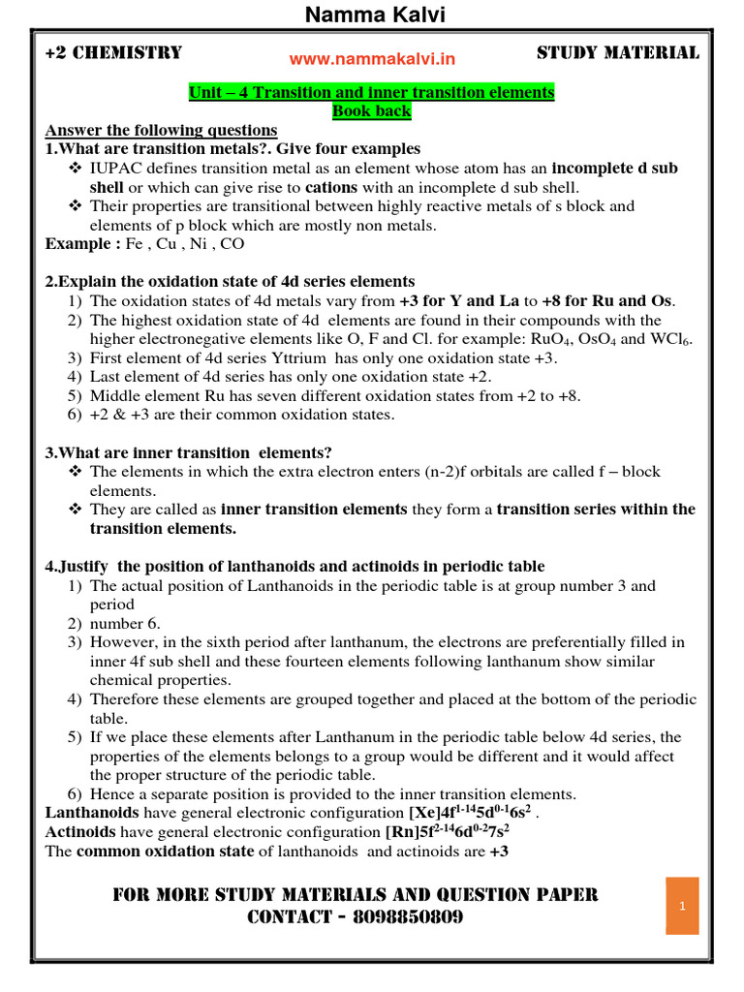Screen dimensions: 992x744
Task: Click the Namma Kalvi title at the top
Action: click(x=371, y=15)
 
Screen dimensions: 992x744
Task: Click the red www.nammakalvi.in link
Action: click(x=372, y=60)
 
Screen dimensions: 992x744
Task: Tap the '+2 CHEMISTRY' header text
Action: click(x=113, y=53)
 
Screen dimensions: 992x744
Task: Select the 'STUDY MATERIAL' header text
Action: click(x=617, y=53)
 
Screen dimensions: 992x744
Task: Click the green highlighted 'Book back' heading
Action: click(x=372, y=111)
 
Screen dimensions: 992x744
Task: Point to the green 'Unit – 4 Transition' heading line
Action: click(x=372, y=93)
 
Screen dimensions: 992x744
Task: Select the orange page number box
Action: click(x=682, y=906)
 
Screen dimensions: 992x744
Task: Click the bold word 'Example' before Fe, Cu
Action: click(x=82, y=244)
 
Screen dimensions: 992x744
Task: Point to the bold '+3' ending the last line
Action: click(x=499, y=851)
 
